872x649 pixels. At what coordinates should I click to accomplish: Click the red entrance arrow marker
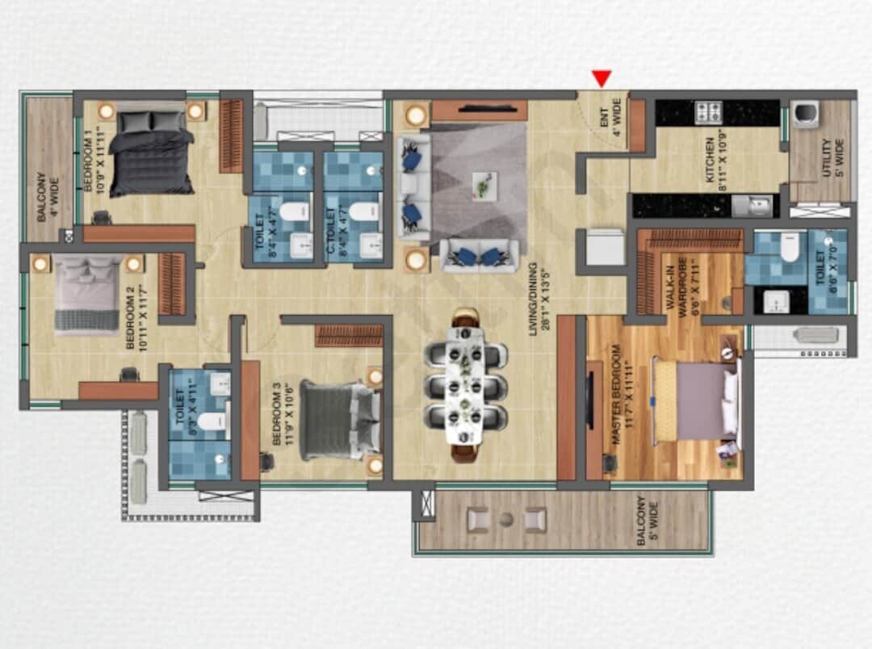(602, 78)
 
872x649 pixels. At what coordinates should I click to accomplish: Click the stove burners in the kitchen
(709, 112)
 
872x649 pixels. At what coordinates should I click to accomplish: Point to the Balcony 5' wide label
(648, 522)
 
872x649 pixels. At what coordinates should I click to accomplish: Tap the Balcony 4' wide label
(45, 196)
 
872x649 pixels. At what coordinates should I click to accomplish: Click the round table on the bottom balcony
(505, 519)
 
